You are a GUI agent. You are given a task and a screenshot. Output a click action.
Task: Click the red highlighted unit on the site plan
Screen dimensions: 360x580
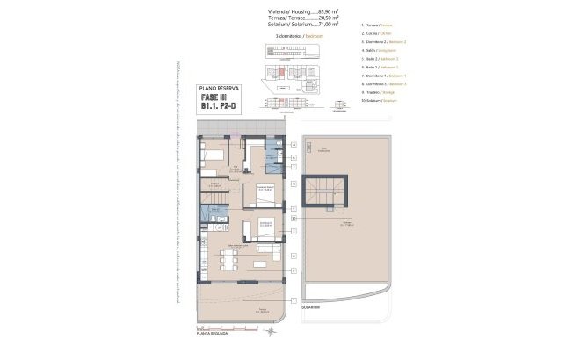(x=284, y=75)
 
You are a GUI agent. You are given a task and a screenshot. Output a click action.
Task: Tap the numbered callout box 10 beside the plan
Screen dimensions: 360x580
(x=293, y=218)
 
